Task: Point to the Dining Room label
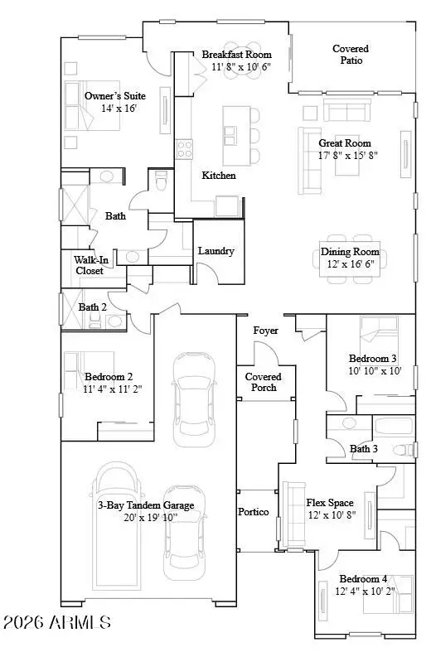(350, 252)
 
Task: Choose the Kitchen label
(219, 176)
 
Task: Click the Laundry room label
(215, 250)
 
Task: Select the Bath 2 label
(93, 307)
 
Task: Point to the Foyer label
(265, 331)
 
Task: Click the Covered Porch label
(263, 382)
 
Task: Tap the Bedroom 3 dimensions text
(372, 370)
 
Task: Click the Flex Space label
(330, 503)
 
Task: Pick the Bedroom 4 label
(362, 579)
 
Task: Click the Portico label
(253, 513)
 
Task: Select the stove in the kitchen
(184, 149)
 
